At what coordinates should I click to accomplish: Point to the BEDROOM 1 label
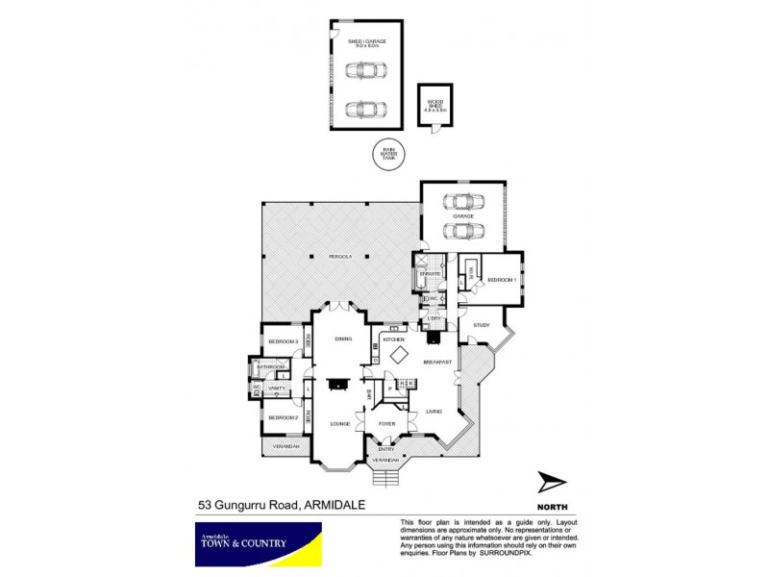click(x=502, y=280)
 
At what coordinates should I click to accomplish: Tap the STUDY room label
click(x=481, y=325)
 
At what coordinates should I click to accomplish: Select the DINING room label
click(x=343, y=339)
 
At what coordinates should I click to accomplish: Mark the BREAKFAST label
click(x=437, y=362)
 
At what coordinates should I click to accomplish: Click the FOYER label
click(x=386, y=423)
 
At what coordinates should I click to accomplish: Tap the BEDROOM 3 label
click(x=281, y=342)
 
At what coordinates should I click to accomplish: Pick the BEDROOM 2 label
click(x=281, y=417)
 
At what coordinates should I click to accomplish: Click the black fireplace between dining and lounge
click(x=337, y=385)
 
